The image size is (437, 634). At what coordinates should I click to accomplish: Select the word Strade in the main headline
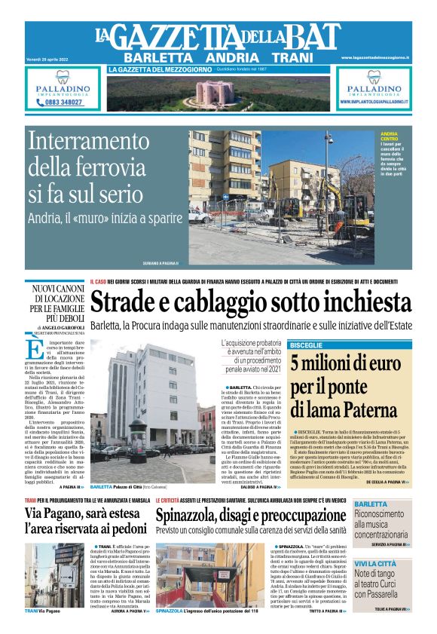130,303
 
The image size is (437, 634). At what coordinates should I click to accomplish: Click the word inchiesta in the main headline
359,303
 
